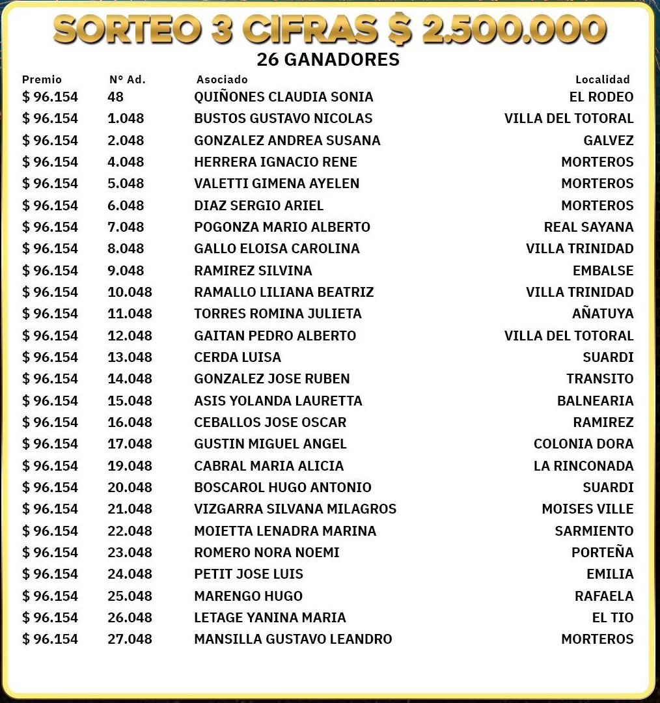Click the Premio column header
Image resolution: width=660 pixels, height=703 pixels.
coord(42,79)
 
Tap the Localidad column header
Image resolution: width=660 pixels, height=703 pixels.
coord(602,79)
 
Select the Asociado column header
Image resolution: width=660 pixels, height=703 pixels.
coord(222,79)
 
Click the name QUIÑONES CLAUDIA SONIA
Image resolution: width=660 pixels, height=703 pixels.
coord(284,97)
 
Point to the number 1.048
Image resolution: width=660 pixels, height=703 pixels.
coord(126,118)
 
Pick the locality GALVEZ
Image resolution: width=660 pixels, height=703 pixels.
coord(608,141)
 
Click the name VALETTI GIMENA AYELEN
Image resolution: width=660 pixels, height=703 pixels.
coord(277,184)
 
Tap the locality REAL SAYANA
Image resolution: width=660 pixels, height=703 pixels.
coord(588,227)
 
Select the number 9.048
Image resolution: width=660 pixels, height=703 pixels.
coord(126,271)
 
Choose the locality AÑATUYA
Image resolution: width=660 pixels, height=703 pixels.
coord(603,314)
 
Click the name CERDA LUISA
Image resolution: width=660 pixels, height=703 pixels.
coord(238,357)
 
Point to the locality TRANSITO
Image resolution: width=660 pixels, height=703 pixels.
coord(599,379)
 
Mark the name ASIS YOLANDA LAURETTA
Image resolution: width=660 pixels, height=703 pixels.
coord(278,401)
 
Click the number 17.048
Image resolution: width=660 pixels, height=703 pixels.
coord(130,444)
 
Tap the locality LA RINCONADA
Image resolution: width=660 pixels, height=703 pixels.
coord(583,466)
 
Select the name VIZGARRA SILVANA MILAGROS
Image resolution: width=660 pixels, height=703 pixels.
coord(295,509)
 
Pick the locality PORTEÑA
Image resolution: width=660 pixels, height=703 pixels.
coord(602,553)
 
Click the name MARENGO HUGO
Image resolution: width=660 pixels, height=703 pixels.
coord(248,596)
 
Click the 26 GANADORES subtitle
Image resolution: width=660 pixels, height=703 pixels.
coord(328,59)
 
